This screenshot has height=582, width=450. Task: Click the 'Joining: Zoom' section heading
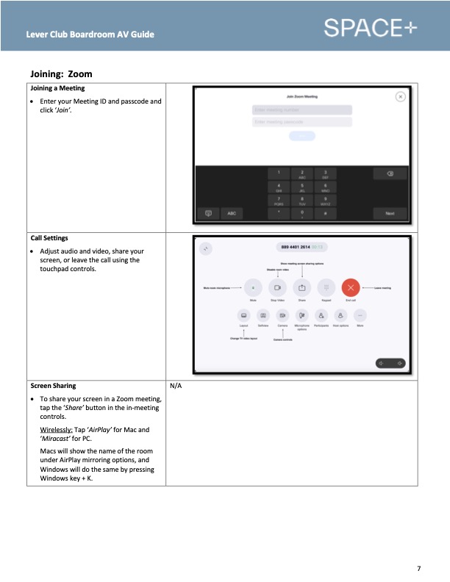tap(61, 74)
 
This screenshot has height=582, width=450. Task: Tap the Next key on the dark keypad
tap(390, 213)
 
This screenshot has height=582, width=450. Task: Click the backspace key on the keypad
tap(390, 173)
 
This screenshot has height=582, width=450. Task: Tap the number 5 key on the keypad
tap(302, 187)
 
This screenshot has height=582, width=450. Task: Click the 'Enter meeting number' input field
tap(301, 110)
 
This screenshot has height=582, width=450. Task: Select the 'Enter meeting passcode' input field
tap(301, 121)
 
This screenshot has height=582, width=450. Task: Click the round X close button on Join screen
tap(400, 96)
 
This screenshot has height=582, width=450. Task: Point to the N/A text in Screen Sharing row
tap(176, 386)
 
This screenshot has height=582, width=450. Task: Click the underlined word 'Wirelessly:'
tap(56, 429)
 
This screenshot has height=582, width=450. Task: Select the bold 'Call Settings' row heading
tap(49, 238)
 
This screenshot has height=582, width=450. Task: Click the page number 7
tap(418, 568)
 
